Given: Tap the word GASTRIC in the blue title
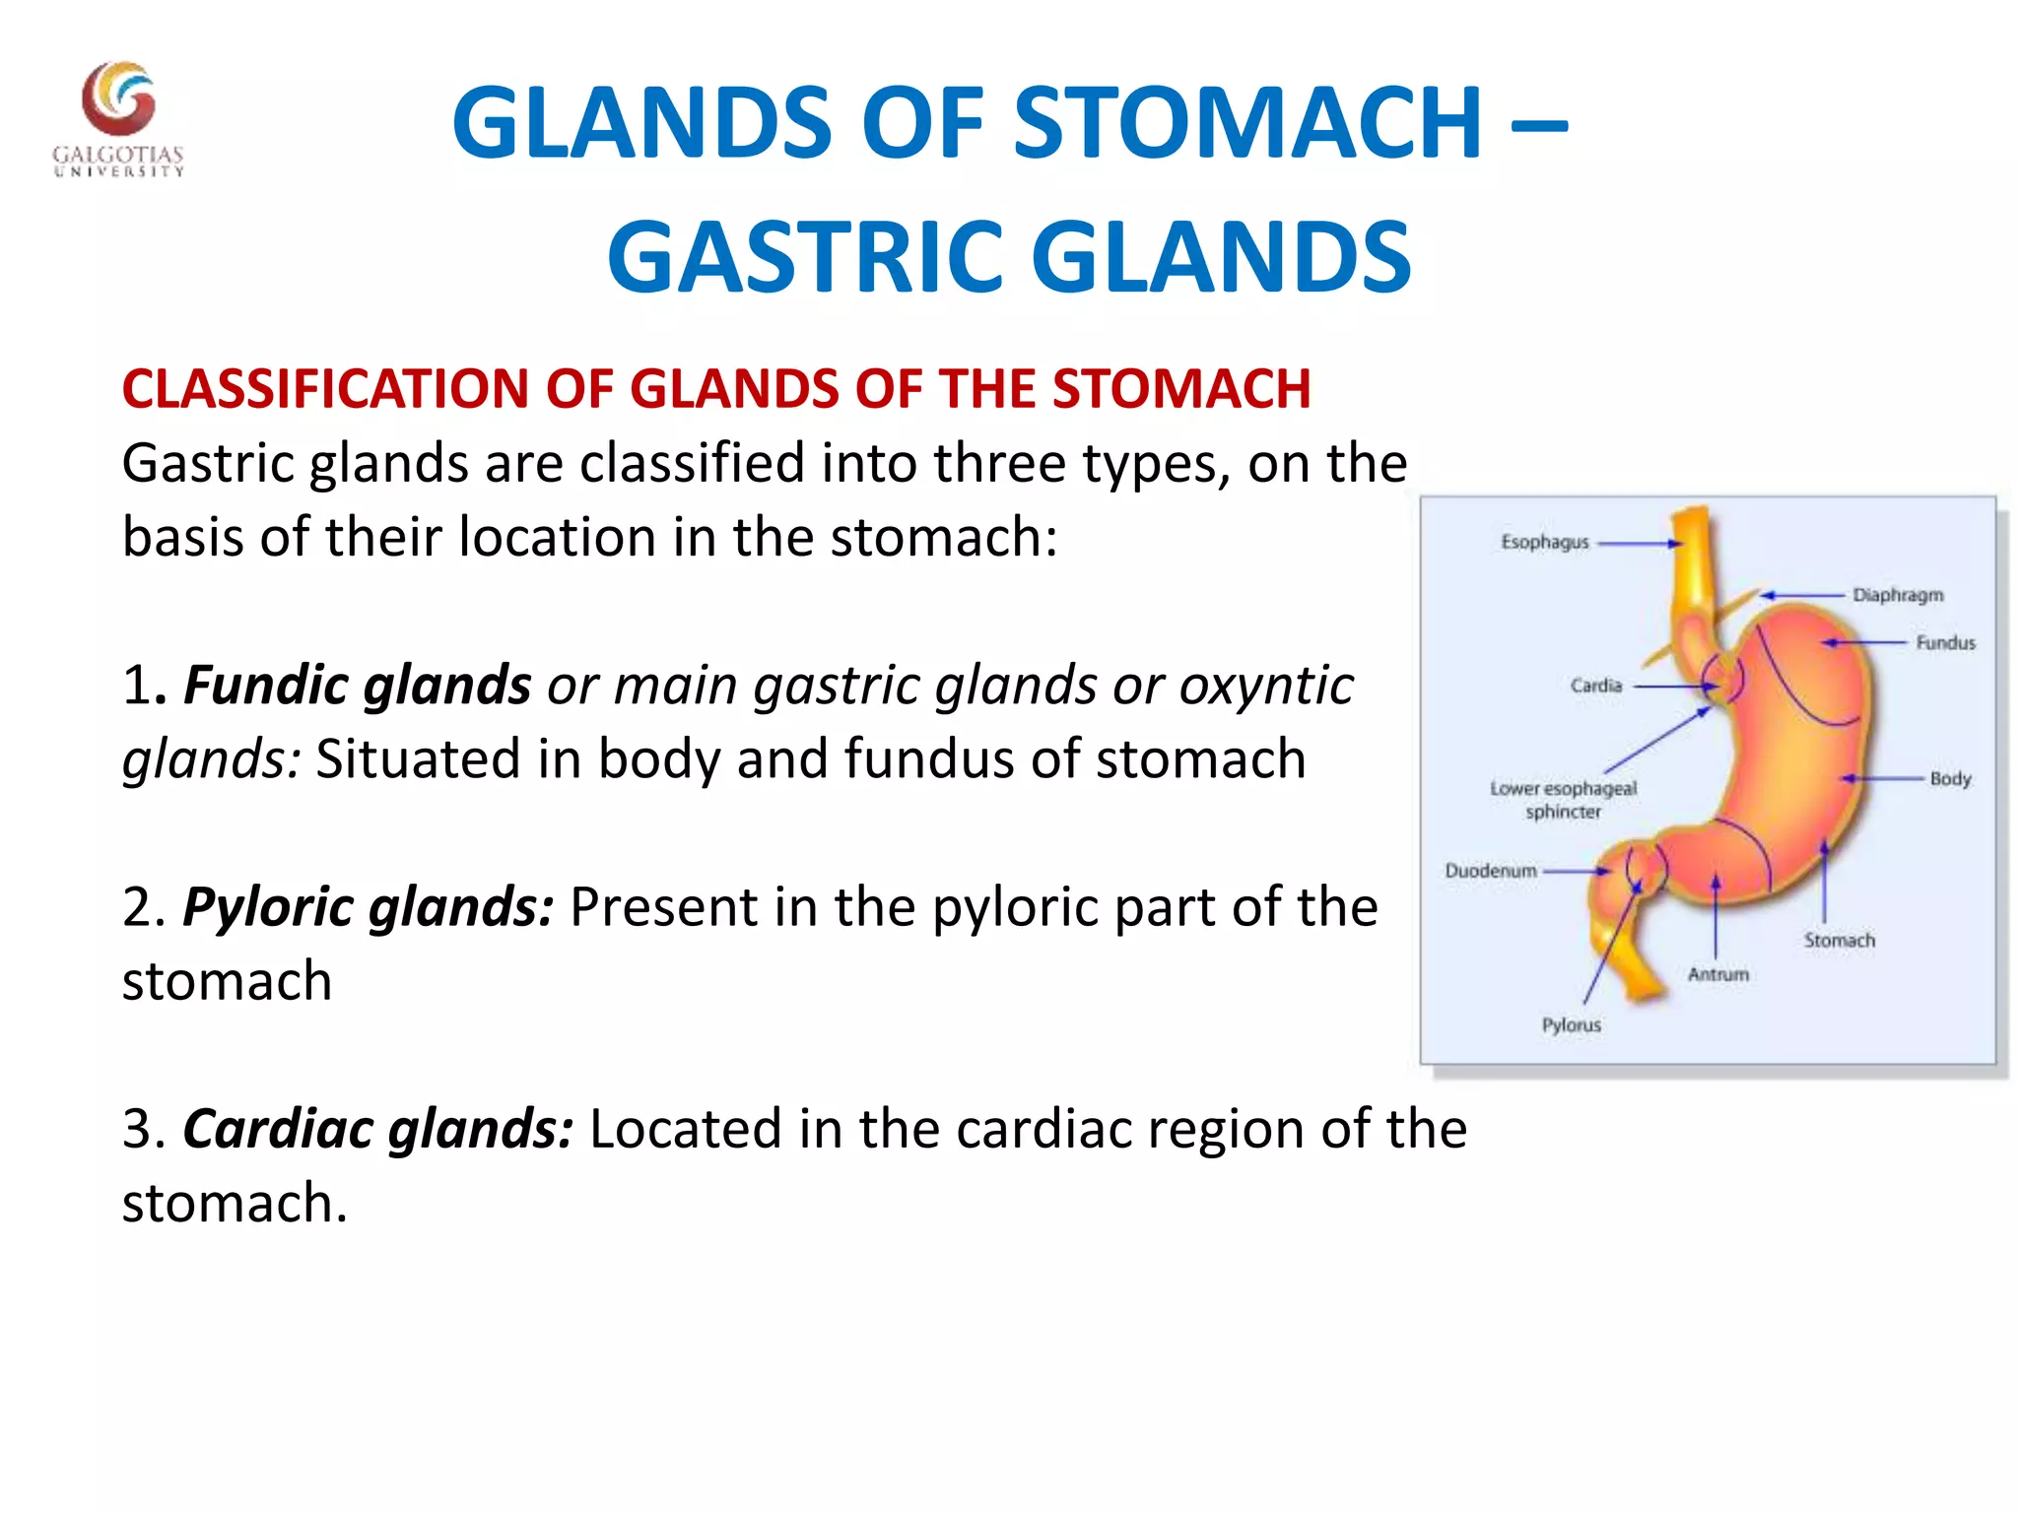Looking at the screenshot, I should pyautogui.click(x=811, y=258).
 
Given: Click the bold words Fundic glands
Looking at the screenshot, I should pyautogui.click(x=357, y=685).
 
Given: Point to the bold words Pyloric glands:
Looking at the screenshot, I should pyautogui.click(x=368, y=906).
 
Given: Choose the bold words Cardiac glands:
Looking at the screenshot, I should pyautogui.click(x=377, y=1128).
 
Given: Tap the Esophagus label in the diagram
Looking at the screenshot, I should pyautogui.click(x=1544, y=542).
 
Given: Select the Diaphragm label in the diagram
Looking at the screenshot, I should pyautogui.click(x=1897, y=595).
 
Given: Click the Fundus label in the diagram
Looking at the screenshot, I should pyautogui.click(x=1945, y=643).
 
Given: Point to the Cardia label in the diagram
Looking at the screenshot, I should pyautogui.click(x=1595, y=686).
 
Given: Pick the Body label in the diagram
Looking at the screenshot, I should pyautogui.click(x=1950, y=779).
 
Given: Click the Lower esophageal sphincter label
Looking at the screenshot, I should pyautogui.click(x=1563, y=800).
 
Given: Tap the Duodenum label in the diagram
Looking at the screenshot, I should pyautogui.click(x=1490, y=871).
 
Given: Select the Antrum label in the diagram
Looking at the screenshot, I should pyautogui.click(x=1717, y=974).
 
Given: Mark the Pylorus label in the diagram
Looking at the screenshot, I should pyautogui.click(x=1571, y=1025).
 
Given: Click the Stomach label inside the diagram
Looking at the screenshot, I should pyautogui.click(x=1839, y=941).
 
